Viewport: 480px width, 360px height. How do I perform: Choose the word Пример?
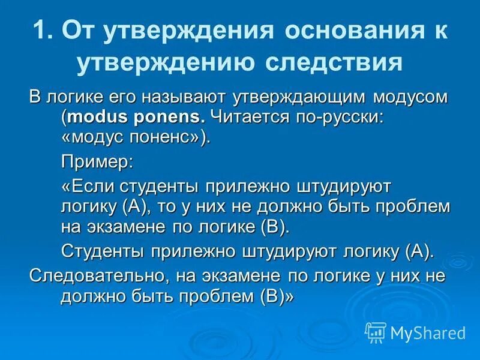tap(96, 161)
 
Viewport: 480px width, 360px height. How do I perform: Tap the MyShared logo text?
tap(428, 332)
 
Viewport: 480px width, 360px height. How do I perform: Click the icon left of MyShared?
tap(376, 332)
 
